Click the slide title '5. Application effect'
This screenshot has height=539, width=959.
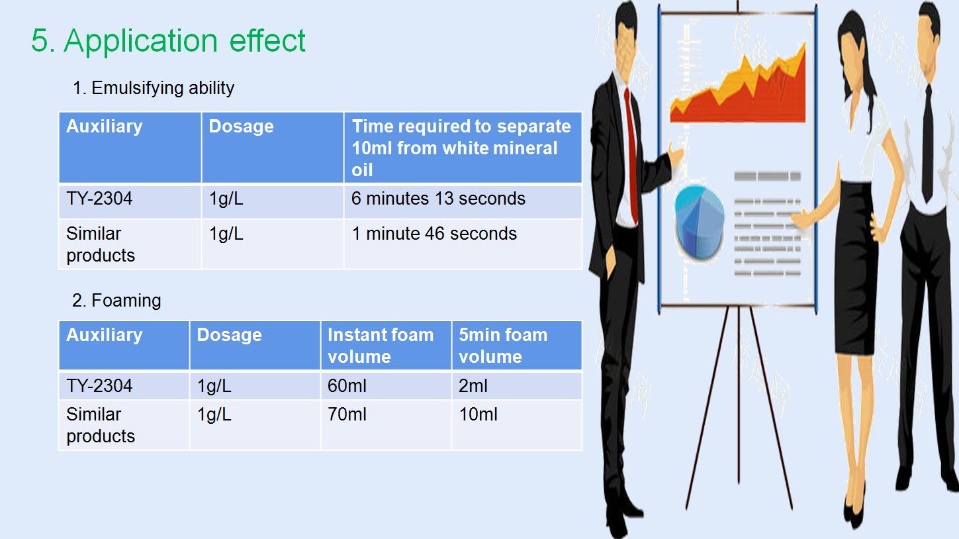point(168,40)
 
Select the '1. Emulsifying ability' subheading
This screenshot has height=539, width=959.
point(154,88)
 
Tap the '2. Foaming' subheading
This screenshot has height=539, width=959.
point(116,301)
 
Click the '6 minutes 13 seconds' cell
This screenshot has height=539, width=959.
point(438,199)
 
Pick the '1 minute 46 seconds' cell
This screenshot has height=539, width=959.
point(434,234)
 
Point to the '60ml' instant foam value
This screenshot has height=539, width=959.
point(347,386)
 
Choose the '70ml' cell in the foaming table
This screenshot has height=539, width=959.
point(347,415)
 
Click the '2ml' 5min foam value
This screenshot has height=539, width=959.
point(473,386)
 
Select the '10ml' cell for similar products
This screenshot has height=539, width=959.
point(478,415)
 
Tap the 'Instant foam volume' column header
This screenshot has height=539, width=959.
point(381,346)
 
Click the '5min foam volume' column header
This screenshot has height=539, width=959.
point(503,346)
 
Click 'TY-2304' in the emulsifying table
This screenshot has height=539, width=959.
point(99,199)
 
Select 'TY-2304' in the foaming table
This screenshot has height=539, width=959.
point(99,386)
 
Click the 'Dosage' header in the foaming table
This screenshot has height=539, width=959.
point(229,335)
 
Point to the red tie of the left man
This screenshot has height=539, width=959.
point(631,155)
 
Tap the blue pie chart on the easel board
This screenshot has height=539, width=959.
point(699,222)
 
